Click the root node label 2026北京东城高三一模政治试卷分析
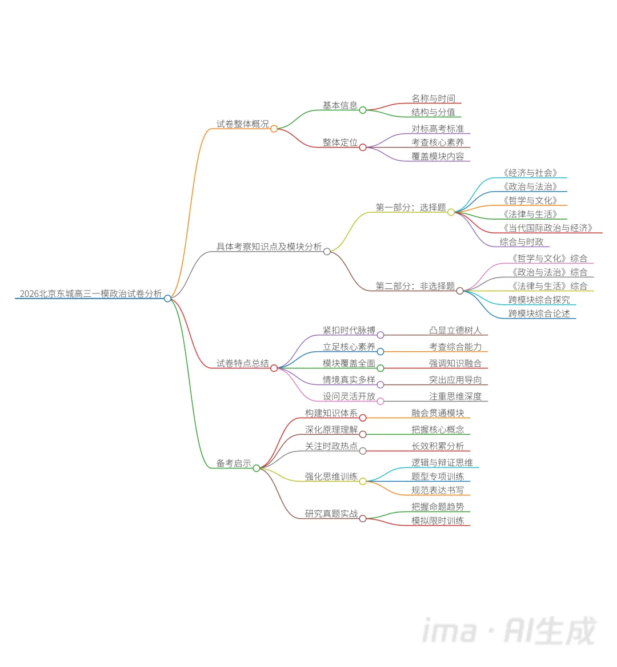click(x=91, y=293)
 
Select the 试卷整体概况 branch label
click(x=242, y=124)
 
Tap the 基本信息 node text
click(x=340, y=105)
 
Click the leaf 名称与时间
click(x=433, y=98)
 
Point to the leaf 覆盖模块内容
click(x=438, y=156)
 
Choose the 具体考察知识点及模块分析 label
click(x=269, y=247)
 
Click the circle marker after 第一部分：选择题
click(x=451, y=212)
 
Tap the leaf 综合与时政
click(x=521, y=242)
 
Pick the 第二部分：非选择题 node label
click(x=415, y=286)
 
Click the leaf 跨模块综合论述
click(x=539, y=313)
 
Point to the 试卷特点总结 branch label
click(x=242, y=363)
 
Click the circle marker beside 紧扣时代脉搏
click(x=380, y=335)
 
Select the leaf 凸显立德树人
click(x=455, y=330)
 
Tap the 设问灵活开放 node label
click(x=348, y=396)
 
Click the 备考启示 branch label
click(x=234, y=463)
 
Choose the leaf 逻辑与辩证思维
click(x=442, y=462)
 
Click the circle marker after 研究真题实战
click(x=363, y=518)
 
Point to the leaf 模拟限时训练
click(x=438, y=521)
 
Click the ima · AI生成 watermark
click(x=508, y=630)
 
